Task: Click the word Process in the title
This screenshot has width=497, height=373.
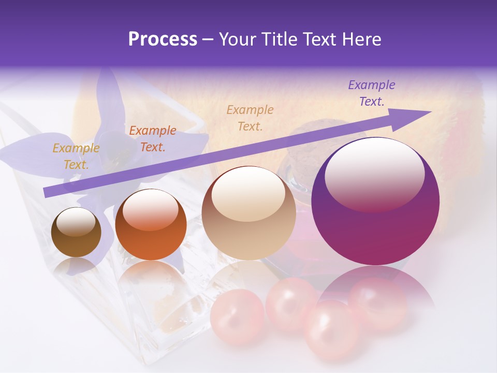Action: coord(163,39)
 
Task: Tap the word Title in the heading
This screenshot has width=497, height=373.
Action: coord(281,39)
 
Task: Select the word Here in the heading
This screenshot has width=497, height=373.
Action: coord(362,39)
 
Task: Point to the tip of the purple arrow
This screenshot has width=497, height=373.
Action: coord(430,112)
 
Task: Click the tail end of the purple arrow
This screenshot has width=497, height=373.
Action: coord(46,193)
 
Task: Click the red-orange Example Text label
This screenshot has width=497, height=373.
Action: coord(153,139)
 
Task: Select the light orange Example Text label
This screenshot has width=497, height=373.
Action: coord(250,118)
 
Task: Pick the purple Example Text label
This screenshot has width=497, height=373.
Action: coord(372,93)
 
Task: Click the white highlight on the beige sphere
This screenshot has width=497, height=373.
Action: coord(248,193)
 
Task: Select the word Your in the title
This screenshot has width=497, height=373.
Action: coord(239,39)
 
